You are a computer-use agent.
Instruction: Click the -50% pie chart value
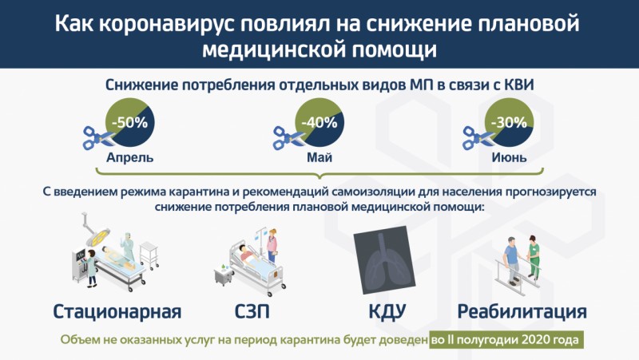click(129, 122)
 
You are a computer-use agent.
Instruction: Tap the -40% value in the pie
click(319, 122)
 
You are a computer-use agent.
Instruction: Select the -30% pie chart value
click(509, 122)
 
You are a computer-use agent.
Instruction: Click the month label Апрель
click(129, 157)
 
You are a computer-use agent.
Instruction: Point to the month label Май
click(319, 157)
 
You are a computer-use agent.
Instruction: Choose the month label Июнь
click(509, 157)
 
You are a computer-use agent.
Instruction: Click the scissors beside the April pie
click(98, 137)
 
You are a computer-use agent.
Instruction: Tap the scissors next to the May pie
click(288, 137)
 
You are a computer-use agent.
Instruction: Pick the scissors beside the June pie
click(478, 137)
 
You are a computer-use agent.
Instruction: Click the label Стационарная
click(117, 311)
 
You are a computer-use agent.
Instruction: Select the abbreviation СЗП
click(252, 311)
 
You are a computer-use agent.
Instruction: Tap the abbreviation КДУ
click(387, 311)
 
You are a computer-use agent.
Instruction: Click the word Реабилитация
click(522, 311)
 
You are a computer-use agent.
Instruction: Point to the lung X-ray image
click(384, 259)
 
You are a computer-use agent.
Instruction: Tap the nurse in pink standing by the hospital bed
click(272, 246)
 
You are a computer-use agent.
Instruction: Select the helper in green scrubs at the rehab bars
click(534, 256)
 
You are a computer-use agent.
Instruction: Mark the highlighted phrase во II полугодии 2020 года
click(506, 339)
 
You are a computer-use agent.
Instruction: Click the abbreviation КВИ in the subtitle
click(518, 85)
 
